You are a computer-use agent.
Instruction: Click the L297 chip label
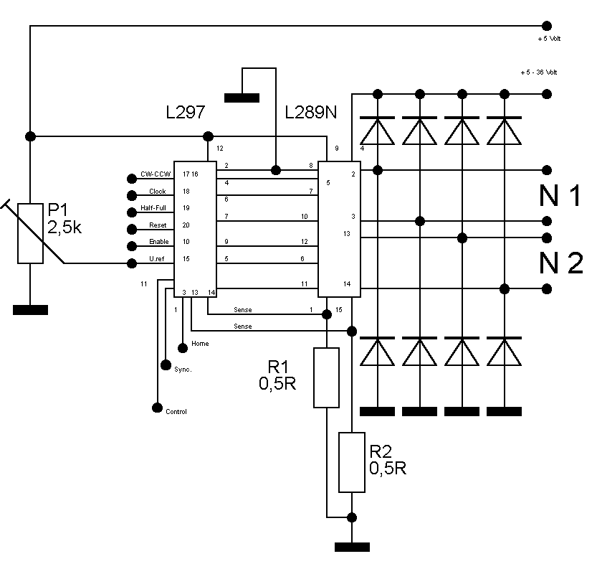coord(186,112)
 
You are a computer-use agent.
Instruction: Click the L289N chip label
coord(311,112)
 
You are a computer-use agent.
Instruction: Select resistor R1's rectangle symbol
coord(326,377)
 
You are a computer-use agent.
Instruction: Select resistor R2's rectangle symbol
coord(352,462)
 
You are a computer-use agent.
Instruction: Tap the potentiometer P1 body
coord(30,233)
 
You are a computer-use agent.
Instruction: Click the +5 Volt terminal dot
coord(546,26)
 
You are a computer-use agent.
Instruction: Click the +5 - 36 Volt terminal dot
coord(547,94)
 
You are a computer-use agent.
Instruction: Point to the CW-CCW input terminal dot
coord(132,179)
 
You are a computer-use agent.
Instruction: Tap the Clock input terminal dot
coord(132,195)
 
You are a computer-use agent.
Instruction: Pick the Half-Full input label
coord(153,208)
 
